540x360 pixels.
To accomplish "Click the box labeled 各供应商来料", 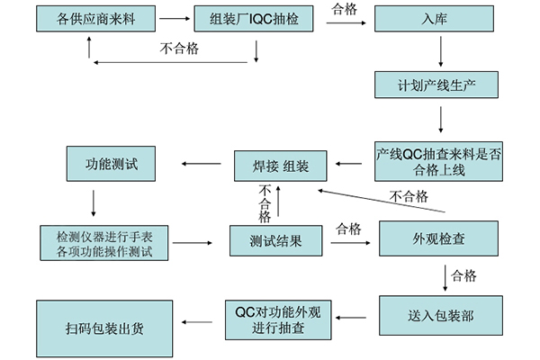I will point(89,20).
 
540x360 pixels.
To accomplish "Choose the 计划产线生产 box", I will point(438,86).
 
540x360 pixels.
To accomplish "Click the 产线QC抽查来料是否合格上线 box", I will point(438,160).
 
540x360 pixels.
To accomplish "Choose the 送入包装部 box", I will point(438,317).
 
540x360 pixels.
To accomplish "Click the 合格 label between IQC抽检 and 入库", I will point(343,10).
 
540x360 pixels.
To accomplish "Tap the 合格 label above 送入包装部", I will point(463,274).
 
